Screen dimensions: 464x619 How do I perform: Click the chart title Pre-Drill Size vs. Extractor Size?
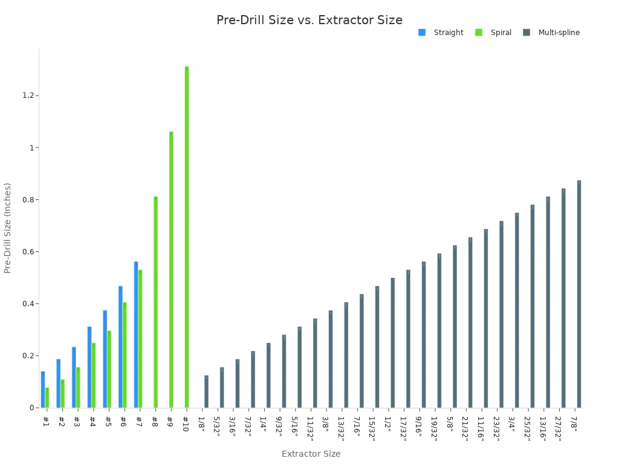tap(309, 20)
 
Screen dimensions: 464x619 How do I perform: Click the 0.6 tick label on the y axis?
tap(27, 252)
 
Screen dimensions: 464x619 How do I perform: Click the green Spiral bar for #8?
tap(155, 302)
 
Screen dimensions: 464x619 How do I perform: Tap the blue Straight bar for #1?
tap(43, 390)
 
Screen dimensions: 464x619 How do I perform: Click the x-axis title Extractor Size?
tap(311, 454)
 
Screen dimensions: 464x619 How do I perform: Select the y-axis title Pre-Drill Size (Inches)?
tap(8, 228)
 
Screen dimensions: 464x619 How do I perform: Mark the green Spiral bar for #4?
tap(94, 375)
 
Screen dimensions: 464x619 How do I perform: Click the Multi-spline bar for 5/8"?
tap(455, 326)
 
